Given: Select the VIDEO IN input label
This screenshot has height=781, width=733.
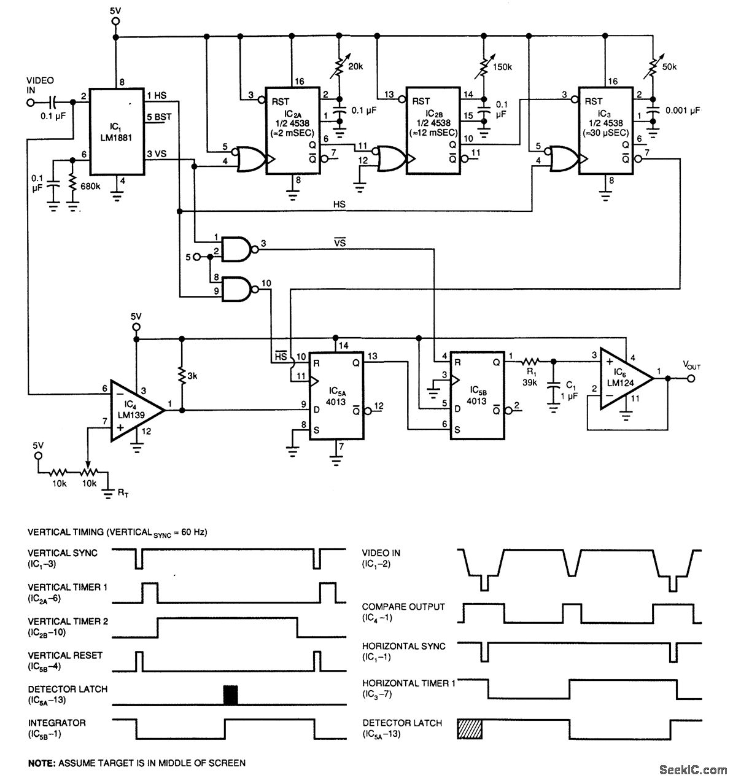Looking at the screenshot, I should point(40,85).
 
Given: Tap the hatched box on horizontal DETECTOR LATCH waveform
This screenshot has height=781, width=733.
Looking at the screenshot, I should point(470,729).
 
